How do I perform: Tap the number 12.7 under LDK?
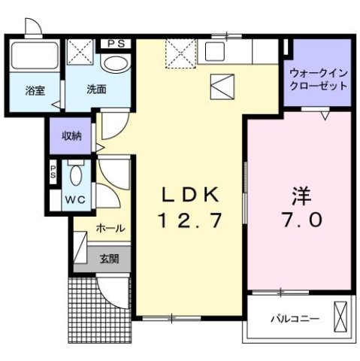coord(190,221)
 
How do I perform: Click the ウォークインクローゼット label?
coord(318,79)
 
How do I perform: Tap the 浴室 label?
coord(35,91)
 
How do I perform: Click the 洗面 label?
coord(95,89)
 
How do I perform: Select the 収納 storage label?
coord(71,136)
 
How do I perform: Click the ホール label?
coord(110,229)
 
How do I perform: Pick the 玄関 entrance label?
coord(109,259)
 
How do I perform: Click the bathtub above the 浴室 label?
coord(35,57)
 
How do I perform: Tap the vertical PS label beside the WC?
coord(53,171)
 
